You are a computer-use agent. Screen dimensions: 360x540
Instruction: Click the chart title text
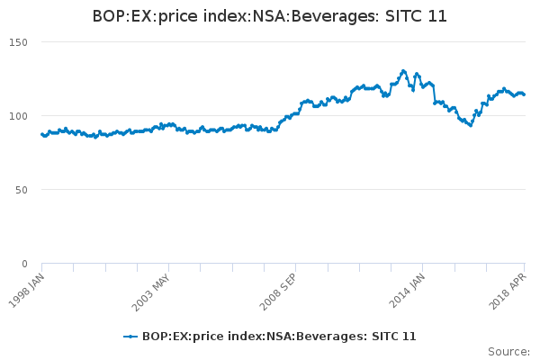tap(270, 17)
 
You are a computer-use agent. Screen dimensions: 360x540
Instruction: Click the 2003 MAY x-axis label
tap(153, 287)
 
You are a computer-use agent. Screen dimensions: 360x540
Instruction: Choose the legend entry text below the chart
tap(279, 336)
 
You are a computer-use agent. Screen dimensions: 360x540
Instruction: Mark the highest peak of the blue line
tap(403, 70)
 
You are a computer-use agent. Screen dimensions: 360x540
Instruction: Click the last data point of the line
tap(525, 94)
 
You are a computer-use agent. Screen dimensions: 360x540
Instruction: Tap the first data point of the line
tap(41, 134)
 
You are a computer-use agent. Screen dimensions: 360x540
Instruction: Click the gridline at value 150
tap(270, 42)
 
